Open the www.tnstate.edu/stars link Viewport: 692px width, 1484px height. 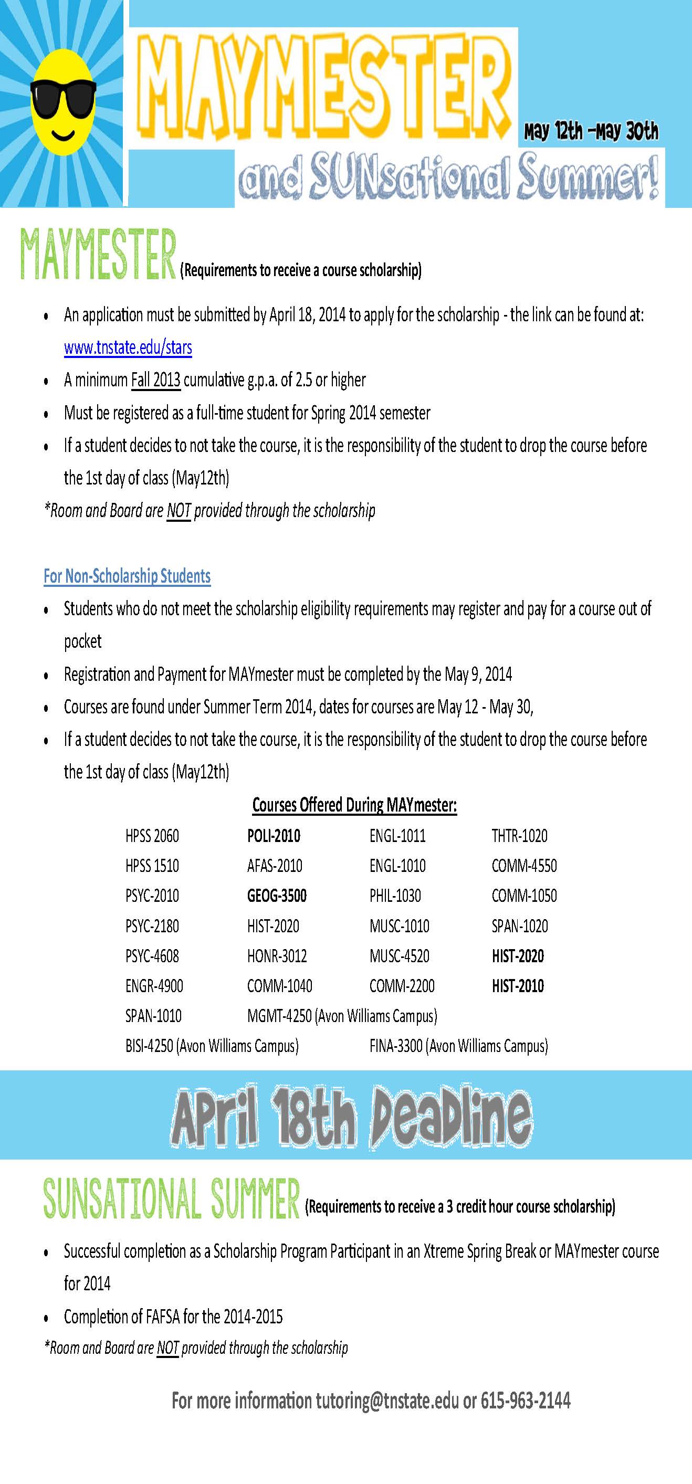coord(128,348)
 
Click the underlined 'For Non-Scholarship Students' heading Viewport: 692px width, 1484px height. coord(127,576)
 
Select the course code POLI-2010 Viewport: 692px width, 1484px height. coord(274,836)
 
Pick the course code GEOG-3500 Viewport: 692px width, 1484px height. coord(277,896)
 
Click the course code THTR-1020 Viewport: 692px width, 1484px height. coord(519,836)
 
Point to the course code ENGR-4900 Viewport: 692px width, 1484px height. coord(154,986)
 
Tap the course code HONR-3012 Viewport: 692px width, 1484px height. coord(277,956)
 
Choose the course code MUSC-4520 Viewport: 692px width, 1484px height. coord(400,956)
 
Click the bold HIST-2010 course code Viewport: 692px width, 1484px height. coord(517,986)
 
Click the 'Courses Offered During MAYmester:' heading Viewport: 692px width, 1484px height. coord(354,805)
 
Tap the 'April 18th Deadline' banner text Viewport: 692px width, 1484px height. coord(351,1117)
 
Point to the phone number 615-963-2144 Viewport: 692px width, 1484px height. coord(525,1401)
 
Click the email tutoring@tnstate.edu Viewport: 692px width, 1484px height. coord(386,1401)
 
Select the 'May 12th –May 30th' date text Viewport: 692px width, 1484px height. coord(591,131)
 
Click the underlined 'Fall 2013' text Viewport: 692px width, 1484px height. coord(155,380)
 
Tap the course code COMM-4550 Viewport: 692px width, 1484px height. coord(524,866)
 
